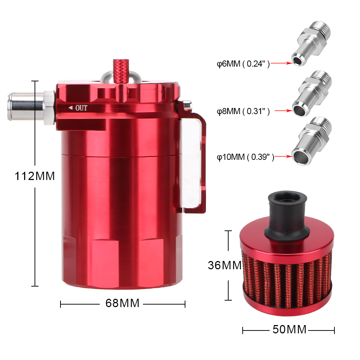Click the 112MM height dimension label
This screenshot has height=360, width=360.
tap(35, 176)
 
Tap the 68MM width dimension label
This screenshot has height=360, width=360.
tap(122, 303)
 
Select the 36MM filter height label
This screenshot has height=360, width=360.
tap(225, 265)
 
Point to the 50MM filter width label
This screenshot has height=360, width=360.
tap(289, 329)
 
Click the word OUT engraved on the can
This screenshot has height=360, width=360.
tap(81, 108)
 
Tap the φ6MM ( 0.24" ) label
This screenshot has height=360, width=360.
tap(243, 64)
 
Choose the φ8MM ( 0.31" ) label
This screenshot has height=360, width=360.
tap(243, 111)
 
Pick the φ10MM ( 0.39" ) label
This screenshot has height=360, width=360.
tap(246, 157)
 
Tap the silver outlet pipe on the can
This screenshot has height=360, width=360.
tap(31, 106)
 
